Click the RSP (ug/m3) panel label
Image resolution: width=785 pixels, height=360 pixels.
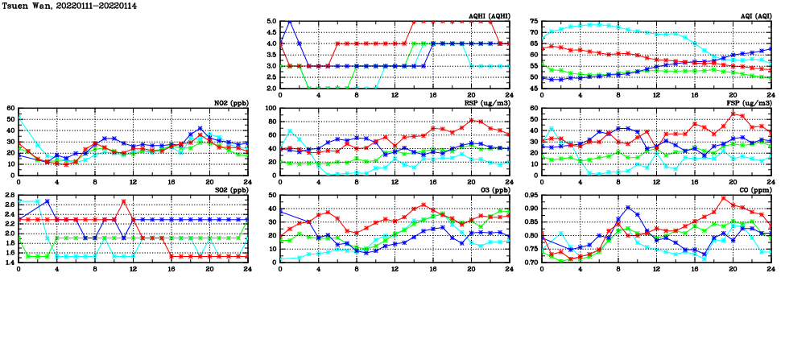[485, 103]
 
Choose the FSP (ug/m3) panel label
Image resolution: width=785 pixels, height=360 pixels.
[748, 103]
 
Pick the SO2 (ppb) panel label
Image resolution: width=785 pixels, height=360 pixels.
[229, 190]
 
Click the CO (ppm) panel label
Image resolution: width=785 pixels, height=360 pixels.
[753, 190]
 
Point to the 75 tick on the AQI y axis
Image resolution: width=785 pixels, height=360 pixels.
[533, 21]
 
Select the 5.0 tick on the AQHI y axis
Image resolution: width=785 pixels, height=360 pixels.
[271, 21]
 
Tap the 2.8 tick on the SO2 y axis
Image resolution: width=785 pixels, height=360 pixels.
[10, 195]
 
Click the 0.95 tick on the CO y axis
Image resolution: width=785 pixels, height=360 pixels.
[531, 195]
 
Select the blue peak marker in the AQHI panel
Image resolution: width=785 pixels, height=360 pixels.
[290, 22]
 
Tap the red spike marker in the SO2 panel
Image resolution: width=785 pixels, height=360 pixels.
[123, 201]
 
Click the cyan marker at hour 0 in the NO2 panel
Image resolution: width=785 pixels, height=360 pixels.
[19, 118]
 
